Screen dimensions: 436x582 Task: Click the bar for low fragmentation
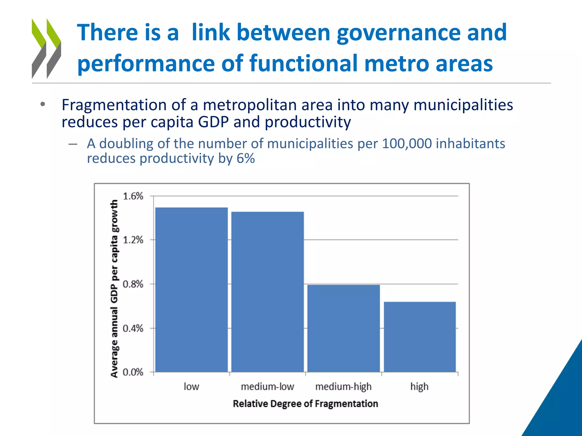(191, 290)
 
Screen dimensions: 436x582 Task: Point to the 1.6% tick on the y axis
(133, 196)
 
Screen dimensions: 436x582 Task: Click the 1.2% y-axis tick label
(133, 240)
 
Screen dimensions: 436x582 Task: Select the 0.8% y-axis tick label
(133, 284)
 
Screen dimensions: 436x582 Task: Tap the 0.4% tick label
(133, 328)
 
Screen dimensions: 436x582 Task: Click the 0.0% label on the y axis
(133, 372)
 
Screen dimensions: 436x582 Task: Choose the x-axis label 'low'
(191, 387)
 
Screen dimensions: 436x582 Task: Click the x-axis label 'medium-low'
(267, 387)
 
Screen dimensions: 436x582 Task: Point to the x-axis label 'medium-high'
(343, 387)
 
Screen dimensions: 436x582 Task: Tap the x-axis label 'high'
(419, 387)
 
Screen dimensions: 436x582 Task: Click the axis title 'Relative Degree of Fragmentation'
(305, 404)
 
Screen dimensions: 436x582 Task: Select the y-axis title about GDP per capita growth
(114, 288)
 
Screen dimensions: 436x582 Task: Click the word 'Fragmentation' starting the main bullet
(114, 105)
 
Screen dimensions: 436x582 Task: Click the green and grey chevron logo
(46, 48)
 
